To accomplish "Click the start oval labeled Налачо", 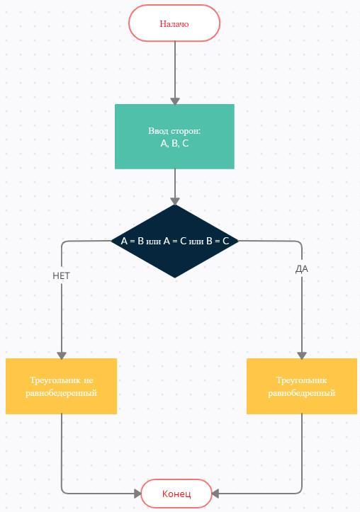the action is tap(174, 23).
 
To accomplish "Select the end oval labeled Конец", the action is tap(176, 494).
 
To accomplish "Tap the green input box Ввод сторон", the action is tap(174, 137).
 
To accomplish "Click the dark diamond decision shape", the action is tap(175, 241).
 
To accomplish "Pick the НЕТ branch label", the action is tap(61, 276).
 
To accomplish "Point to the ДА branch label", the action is tap(301, 269).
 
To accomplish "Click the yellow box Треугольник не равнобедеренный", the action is tap(61, 386).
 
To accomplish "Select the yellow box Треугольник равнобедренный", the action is tap(301, 386).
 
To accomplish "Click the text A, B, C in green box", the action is tap(174, 143).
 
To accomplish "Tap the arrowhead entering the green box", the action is tap(175, 101).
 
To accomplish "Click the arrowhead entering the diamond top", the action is tap(175, 201).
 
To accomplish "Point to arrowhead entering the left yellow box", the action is tap(62, 355).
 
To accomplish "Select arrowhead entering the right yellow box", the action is tap(302, 355).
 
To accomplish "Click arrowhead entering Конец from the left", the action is tap(138, 494).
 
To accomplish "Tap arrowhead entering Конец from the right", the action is tap(215, 494).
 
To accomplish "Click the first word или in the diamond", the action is tap(154, 241).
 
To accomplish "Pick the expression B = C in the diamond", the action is tap(218, 241).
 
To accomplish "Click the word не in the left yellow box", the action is tap(89, 380).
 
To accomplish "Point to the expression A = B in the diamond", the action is tap(133, 241).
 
